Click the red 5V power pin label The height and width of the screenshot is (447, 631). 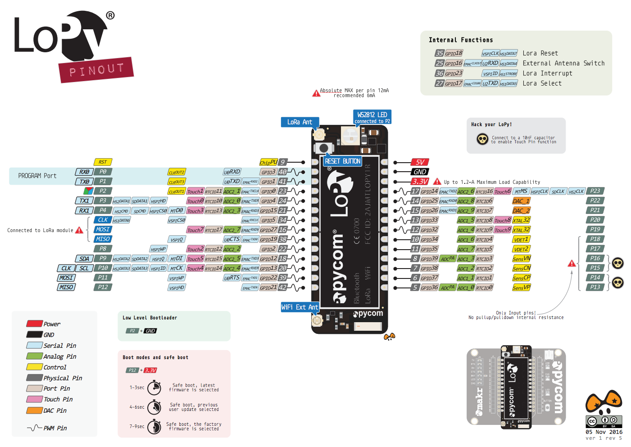pos(420,162)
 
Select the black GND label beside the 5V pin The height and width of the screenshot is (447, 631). pos(420,172)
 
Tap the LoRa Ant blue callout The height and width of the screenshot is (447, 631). pos(300,122)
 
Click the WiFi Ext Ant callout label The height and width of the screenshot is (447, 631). pos(300,307)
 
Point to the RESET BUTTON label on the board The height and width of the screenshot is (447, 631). pos(343,161)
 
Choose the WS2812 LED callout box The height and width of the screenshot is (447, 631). pos(372,117)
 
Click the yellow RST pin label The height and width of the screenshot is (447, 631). pos(103,162)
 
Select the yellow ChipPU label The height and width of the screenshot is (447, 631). pos(268,162)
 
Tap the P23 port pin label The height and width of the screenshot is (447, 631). pos(595,191)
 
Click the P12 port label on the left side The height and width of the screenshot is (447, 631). pos(103,287)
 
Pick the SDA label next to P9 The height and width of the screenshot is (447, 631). pos(84,259)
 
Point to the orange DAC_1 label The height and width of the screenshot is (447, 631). pos(521,201)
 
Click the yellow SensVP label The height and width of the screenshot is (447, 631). pos(521,287)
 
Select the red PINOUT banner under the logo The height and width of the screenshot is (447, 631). pos(96,70)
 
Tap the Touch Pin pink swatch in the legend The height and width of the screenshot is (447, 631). pos(35,399)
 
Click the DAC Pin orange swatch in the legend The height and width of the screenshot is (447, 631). pos(35,411)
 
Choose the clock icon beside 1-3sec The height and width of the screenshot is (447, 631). pos(154,388)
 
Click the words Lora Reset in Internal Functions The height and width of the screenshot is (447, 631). pos(540,53)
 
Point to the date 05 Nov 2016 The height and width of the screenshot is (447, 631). pos(604,432)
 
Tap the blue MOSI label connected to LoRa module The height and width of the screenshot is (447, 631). pos(103,229)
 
